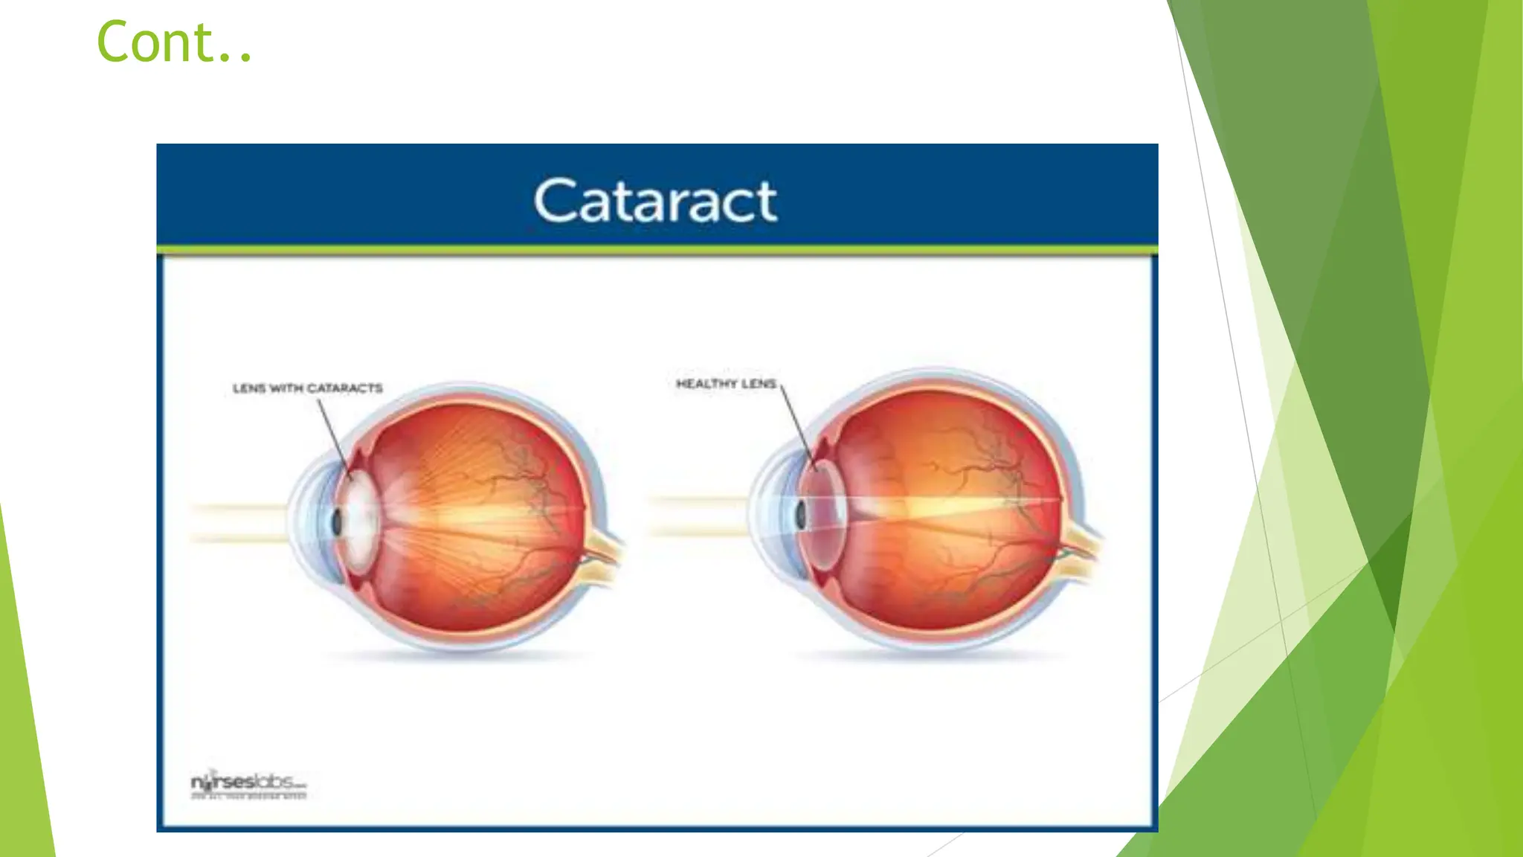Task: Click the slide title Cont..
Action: click(175, 42)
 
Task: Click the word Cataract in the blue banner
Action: click(655, 201)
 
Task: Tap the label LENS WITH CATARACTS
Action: click(307, 388)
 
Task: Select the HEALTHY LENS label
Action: click(726, 384)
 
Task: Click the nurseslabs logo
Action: click(248, 783)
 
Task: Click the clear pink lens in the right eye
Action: click(828, 513)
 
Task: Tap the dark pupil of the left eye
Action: click(337, 523)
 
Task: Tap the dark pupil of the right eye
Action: click(801, 515)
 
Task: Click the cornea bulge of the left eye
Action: click(305, 521)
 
